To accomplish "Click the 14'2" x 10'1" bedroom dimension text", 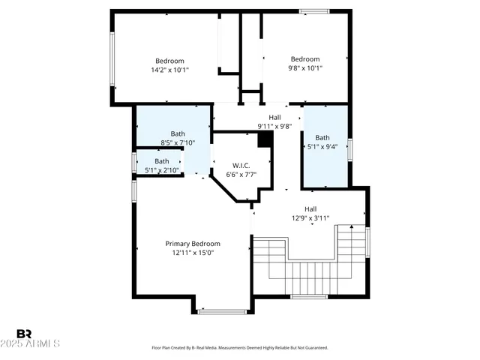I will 169,70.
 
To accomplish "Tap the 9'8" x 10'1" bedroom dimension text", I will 305,69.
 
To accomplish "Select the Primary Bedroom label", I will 193,244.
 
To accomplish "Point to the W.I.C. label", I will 241,166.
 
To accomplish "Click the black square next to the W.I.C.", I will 264,139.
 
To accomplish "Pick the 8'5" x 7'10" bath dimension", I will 178,143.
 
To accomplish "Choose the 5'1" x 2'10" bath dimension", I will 162,170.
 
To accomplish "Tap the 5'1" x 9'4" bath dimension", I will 322,147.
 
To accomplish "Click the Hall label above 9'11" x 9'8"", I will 274,117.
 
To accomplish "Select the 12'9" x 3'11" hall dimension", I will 310,218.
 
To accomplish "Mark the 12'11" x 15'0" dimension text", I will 193,253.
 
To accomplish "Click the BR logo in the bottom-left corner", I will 25,334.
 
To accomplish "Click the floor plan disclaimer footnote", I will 239,348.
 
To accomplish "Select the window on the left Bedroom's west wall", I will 112,59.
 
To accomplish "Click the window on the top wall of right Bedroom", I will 313,10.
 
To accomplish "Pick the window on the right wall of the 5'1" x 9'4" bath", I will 349,149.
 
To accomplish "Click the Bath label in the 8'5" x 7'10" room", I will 178,134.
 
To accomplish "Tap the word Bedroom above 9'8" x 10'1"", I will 305,60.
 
